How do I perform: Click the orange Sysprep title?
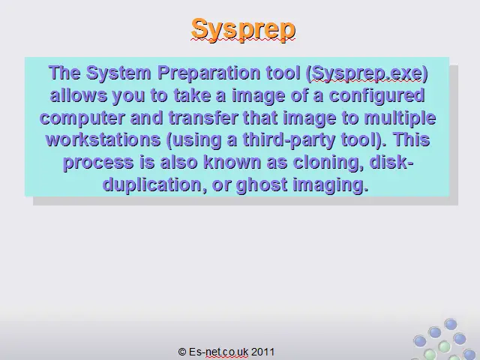click(x=243, y=30)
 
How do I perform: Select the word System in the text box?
click(x=118, y=73)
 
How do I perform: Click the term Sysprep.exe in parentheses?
click(x=367, y=74)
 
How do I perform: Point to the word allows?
click(x=78, y=95)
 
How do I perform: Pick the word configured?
click(x=376, y=96)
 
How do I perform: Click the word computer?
click(x=82, y=118)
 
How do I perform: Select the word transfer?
click(x=203, y=117)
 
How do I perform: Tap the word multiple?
click(x=400, y=118)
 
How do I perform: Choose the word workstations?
click(x=103, y=139)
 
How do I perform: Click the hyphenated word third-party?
click(x=289, y=140)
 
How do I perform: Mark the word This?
click(x=412, y=139)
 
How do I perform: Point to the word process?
click(x=98, y=163)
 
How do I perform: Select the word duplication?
click(x=152, y=185)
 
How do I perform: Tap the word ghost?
click(x=262, y=185)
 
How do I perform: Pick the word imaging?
click(x=330, y=185)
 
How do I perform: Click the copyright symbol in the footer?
click(x=181, y=352)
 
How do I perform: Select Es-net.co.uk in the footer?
click(x=218, y=352)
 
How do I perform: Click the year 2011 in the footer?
click(x=263, y=352)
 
